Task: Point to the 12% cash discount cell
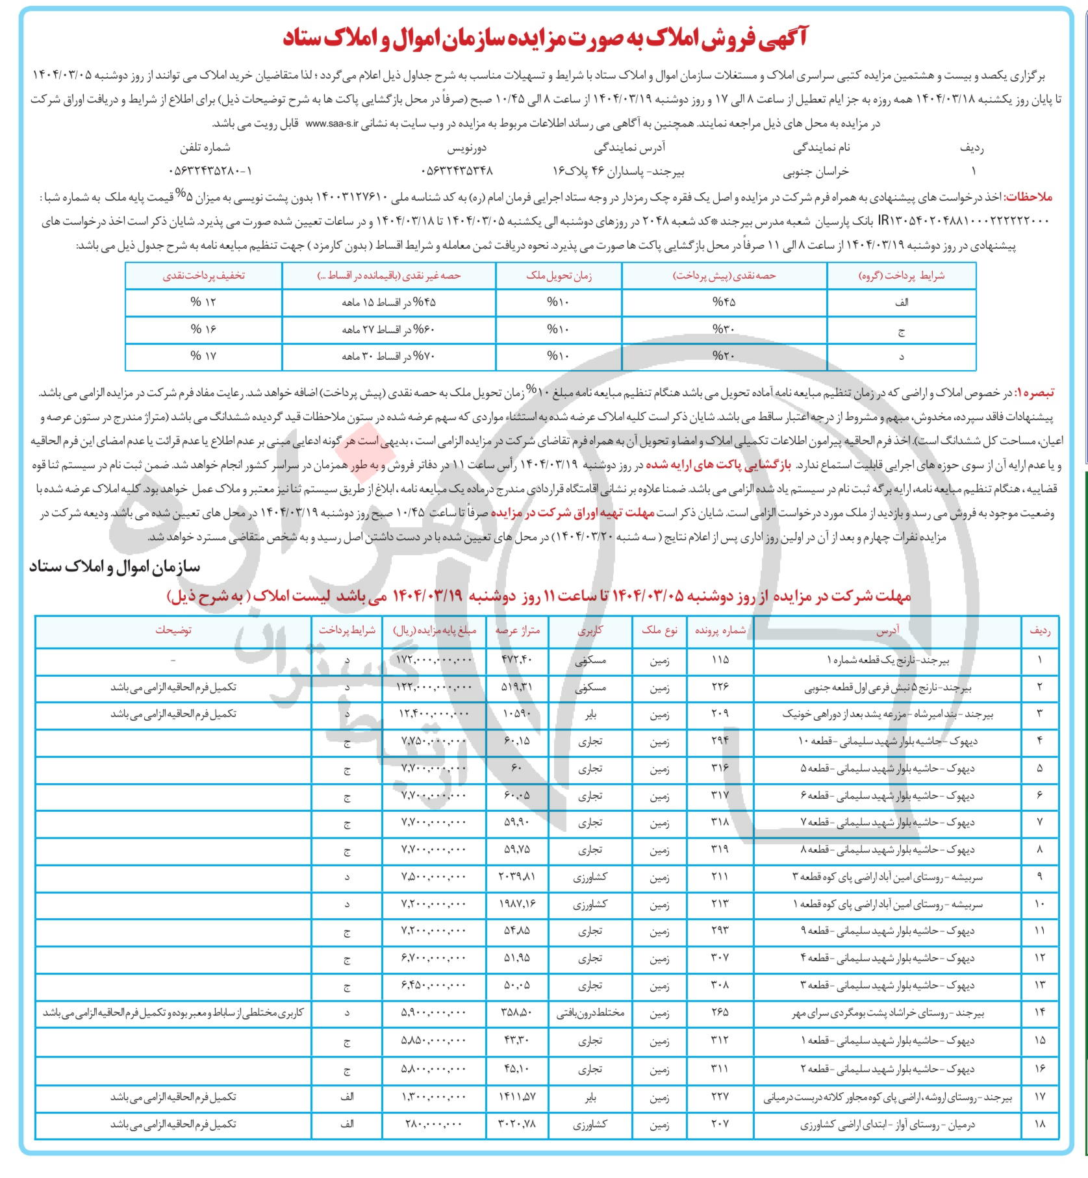coord(203,303)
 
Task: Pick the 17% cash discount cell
coord(203,356)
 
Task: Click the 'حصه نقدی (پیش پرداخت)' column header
coord(724,276)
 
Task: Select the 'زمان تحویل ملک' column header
coord(559,276)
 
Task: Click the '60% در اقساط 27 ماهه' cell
coord(388,330)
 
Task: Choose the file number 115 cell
coord(720,660)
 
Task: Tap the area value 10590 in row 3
coord(516,714)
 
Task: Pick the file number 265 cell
coord(720,1012)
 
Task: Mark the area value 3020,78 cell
coord(516,1124)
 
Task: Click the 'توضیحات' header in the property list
coord(173,631)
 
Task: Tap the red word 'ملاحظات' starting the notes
coord(1030,197)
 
